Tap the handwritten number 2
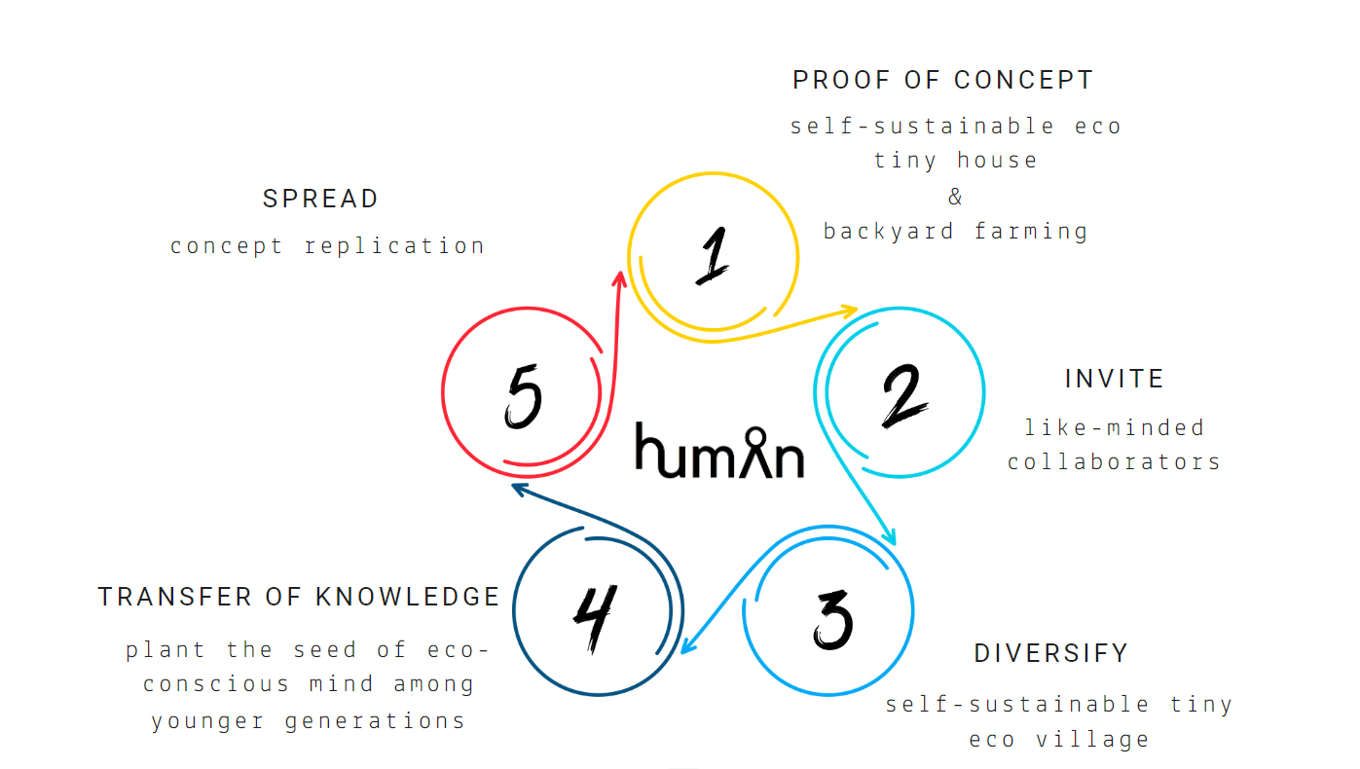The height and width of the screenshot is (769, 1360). click(x=903, y=393)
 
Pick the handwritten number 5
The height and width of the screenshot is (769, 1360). click(x=524, y=397)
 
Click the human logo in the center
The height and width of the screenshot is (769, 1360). click(x=719, y=451)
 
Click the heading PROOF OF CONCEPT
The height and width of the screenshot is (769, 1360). click(x=942, y=80)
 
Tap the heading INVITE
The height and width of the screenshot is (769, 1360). click(x=1114, y=379)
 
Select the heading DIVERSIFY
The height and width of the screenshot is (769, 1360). click(x=1050, y=653)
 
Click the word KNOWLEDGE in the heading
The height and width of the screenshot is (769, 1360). click(x=407, y=597)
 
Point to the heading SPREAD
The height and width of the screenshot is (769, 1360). click(x=320, y=200)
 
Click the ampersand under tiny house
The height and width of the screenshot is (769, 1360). click(x=955, y=197)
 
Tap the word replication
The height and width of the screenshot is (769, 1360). click(x=394, y=246)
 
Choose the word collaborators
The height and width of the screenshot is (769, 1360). click(x=1114, y=461)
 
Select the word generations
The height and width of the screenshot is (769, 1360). click(x=375, y=721)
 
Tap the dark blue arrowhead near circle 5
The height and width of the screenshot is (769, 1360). click(x=519, y=488)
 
